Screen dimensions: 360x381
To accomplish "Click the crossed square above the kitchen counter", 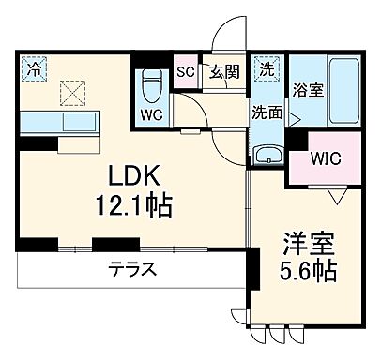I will [x=72, y=92].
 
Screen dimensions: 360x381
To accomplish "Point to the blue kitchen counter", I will [x=56, y=121].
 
